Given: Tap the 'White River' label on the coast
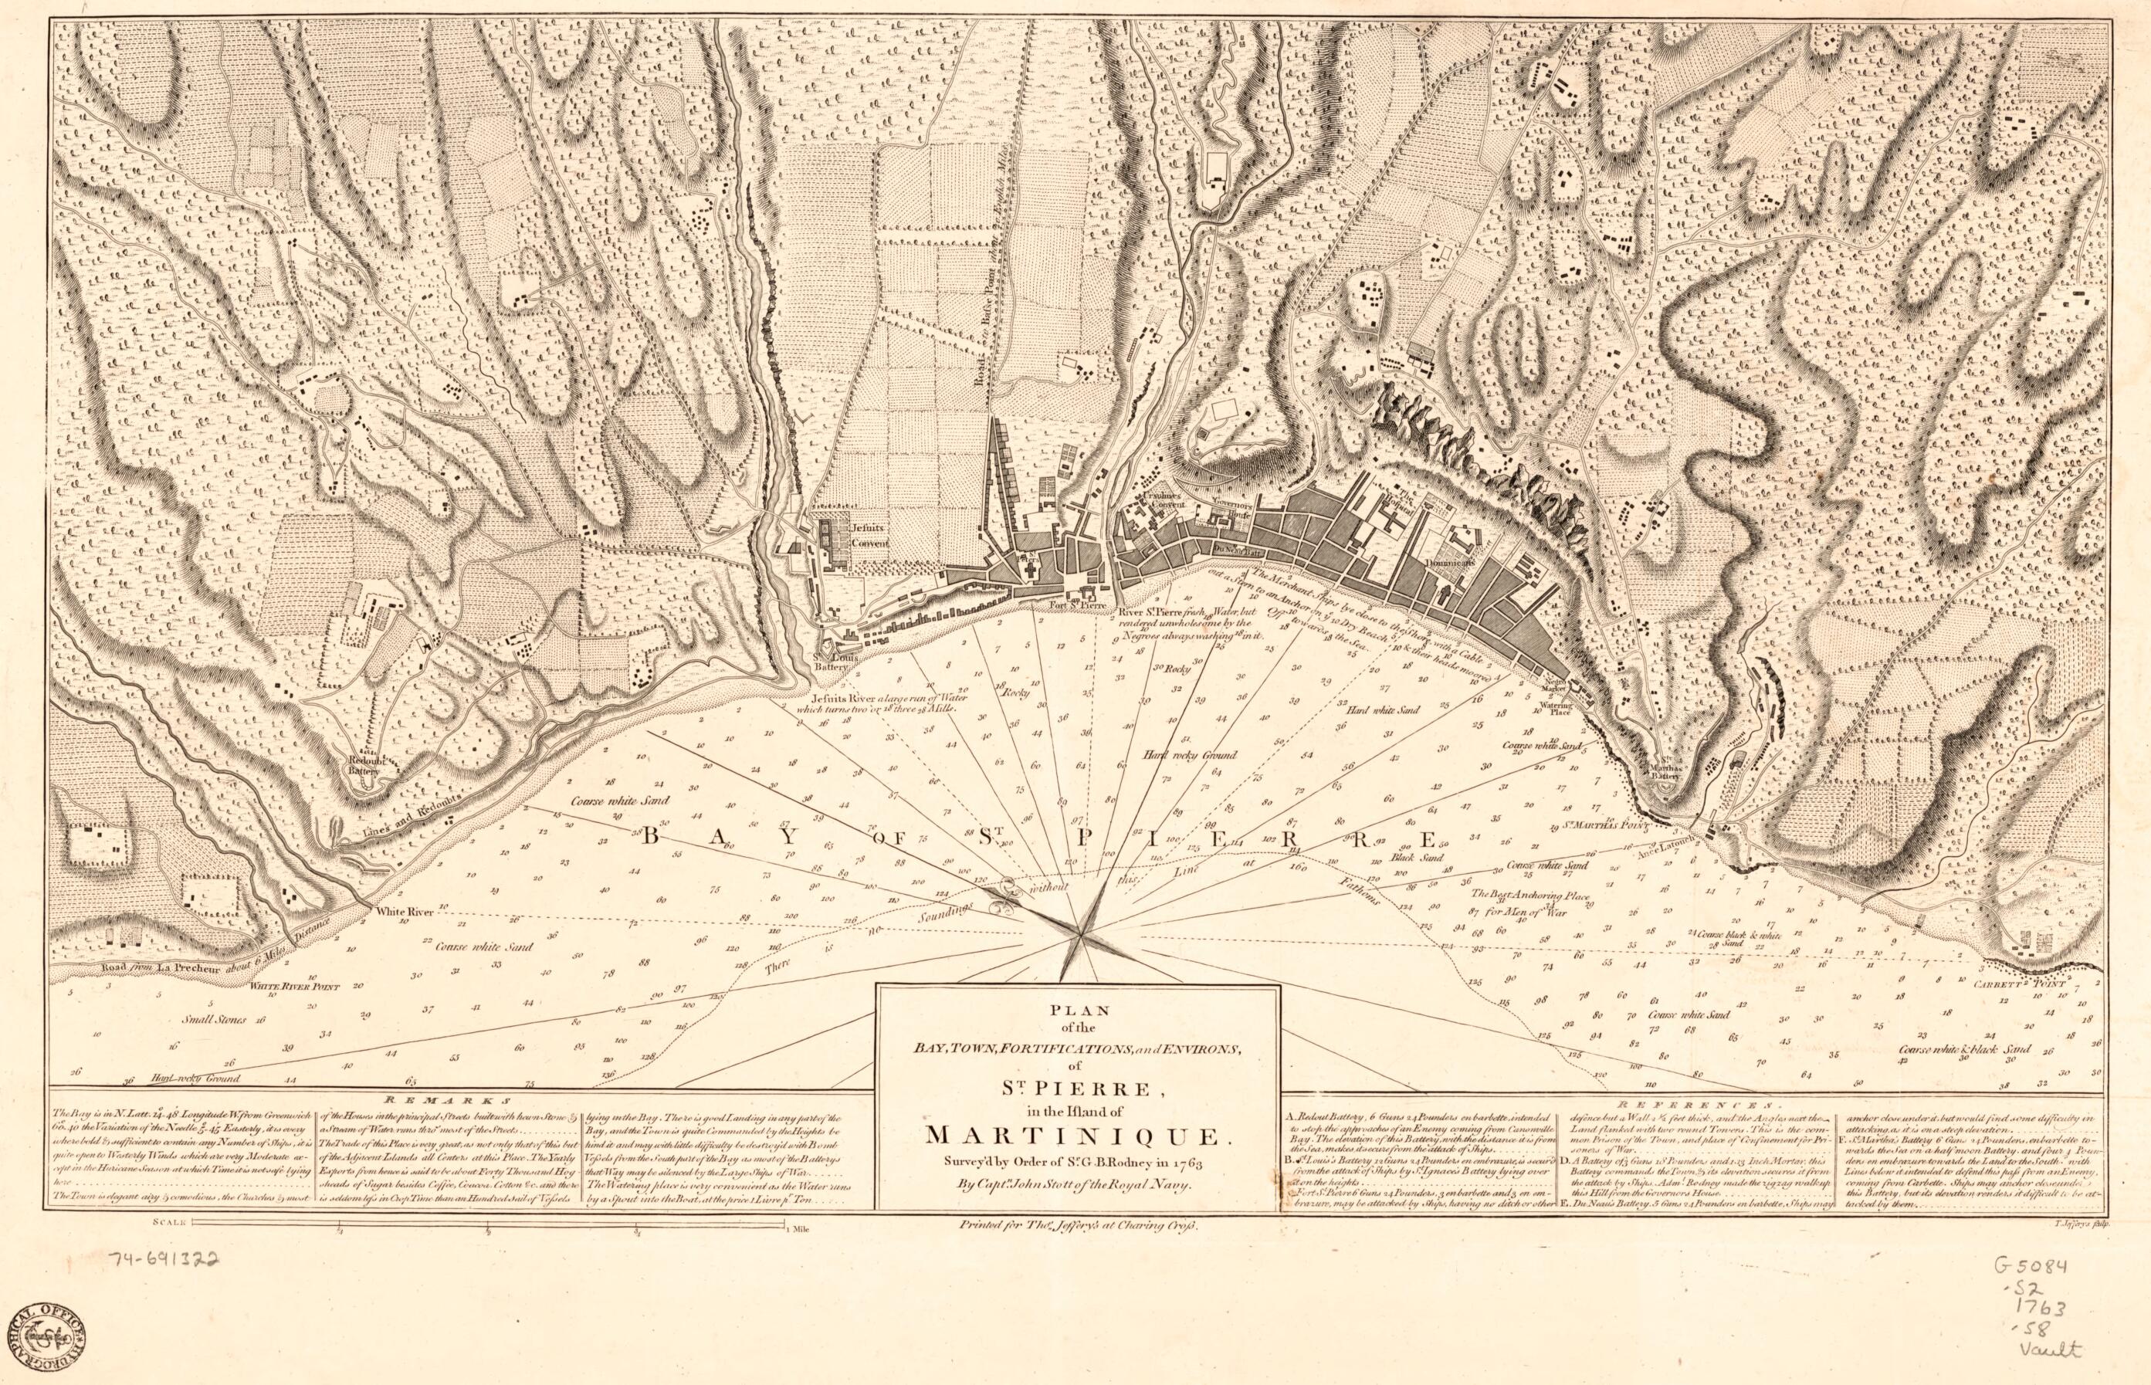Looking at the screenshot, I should [x=405, y=912].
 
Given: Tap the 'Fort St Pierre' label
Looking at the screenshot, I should [x=1083, y=604].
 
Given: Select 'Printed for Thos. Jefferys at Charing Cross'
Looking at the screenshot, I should [x=1075, y=1225].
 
